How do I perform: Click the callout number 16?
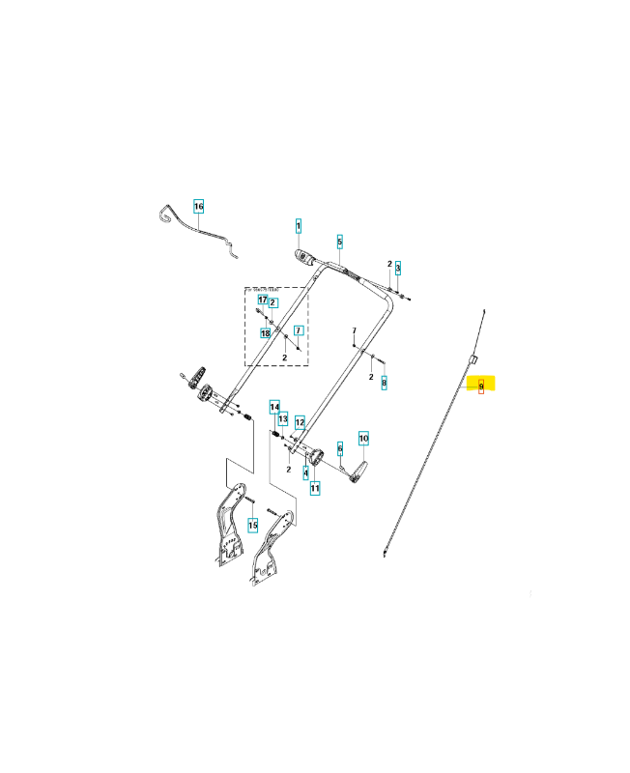199,207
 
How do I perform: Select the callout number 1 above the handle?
299,227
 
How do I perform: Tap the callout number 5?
340,241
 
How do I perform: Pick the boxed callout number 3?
397,267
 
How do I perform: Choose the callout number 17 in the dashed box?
262,301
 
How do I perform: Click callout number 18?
265,333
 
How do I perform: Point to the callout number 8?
384,383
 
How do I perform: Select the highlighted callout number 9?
481,386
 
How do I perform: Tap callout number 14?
274,406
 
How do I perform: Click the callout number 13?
283,419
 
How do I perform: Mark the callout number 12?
301,422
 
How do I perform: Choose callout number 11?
315,489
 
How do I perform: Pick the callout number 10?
364,439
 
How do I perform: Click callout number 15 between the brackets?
252,525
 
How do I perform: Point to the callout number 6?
340,448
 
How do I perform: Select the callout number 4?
305,472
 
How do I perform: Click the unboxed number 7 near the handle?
355,330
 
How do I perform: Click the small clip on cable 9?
474,358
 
